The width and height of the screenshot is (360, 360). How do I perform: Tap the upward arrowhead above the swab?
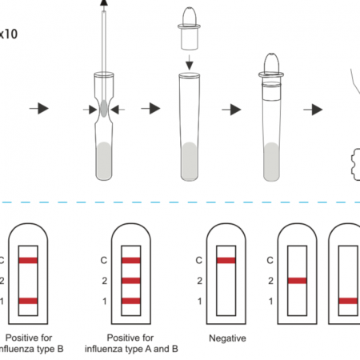click(x=104, y=4)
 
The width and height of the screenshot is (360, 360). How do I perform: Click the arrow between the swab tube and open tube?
click(x=149, y=108)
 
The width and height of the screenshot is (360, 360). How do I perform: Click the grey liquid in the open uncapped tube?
click(x=189, y=159)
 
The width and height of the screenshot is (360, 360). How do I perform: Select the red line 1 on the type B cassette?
click(x=29, y=301)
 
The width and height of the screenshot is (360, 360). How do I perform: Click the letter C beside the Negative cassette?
click(x=198, y=260)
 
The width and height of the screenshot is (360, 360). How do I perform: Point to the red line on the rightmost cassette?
click(x=349, y=301)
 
